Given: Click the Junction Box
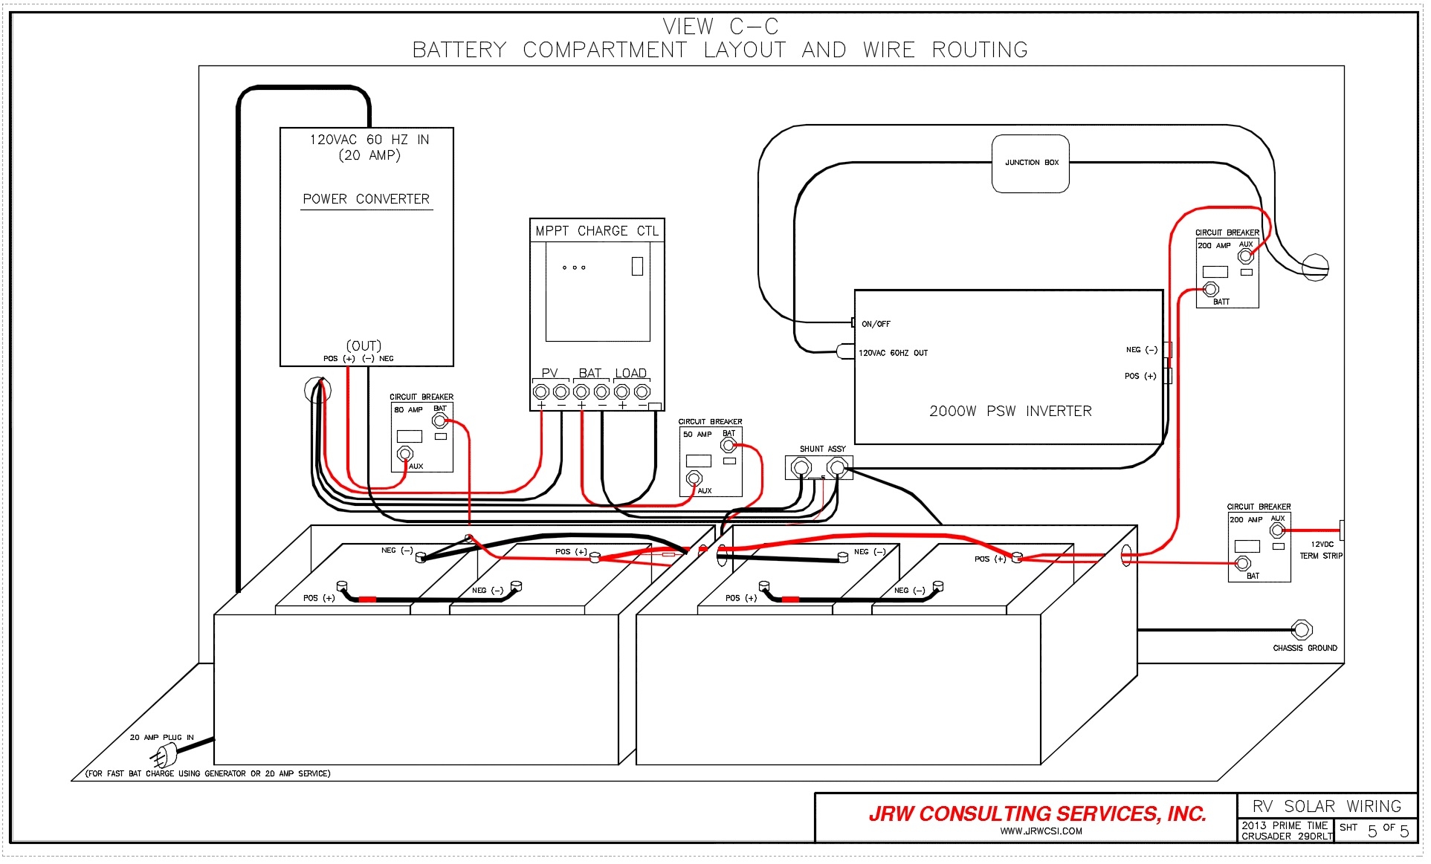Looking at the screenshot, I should point(1030,163).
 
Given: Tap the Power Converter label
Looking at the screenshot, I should point(366,199).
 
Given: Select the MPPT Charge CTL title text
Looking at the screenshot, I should point(597,231).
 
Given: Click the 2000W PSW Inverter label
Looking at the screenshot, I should point(1010,411).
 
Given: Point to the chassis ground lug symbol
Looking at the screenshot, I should point(1302,630).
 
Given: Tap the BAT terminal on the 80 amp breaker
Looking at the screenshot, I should point(439,421).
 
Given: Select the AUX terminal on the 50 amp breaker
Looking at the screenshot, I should point(694,478).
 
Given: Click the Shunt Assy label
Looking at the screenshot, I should point(822,449).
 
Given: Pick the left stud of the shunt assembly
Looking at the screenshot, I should point(801,467).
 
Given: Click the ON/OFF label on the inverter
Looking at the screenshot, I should point(876,324).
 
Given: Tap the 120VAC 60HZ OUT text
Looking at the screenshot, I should point(893,353).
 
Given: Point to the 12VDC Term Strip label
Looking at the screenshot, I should point(1321,550).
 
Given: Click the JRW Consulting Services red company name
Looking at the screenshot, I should point(1037,814).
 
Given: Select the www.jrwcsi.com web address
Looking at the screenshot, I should point(1041,831).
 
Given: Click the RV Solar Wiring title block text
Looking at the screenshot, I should point(1326,806).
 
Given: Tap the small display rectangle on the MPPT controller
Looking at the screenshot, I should point(637,266).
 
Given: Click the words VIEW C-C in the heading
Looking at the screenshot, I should point(720,27).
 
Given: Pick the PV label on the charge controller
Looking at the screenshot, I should point(549,373).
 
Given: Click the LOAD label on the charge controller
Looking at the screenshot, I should point(630,373).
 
